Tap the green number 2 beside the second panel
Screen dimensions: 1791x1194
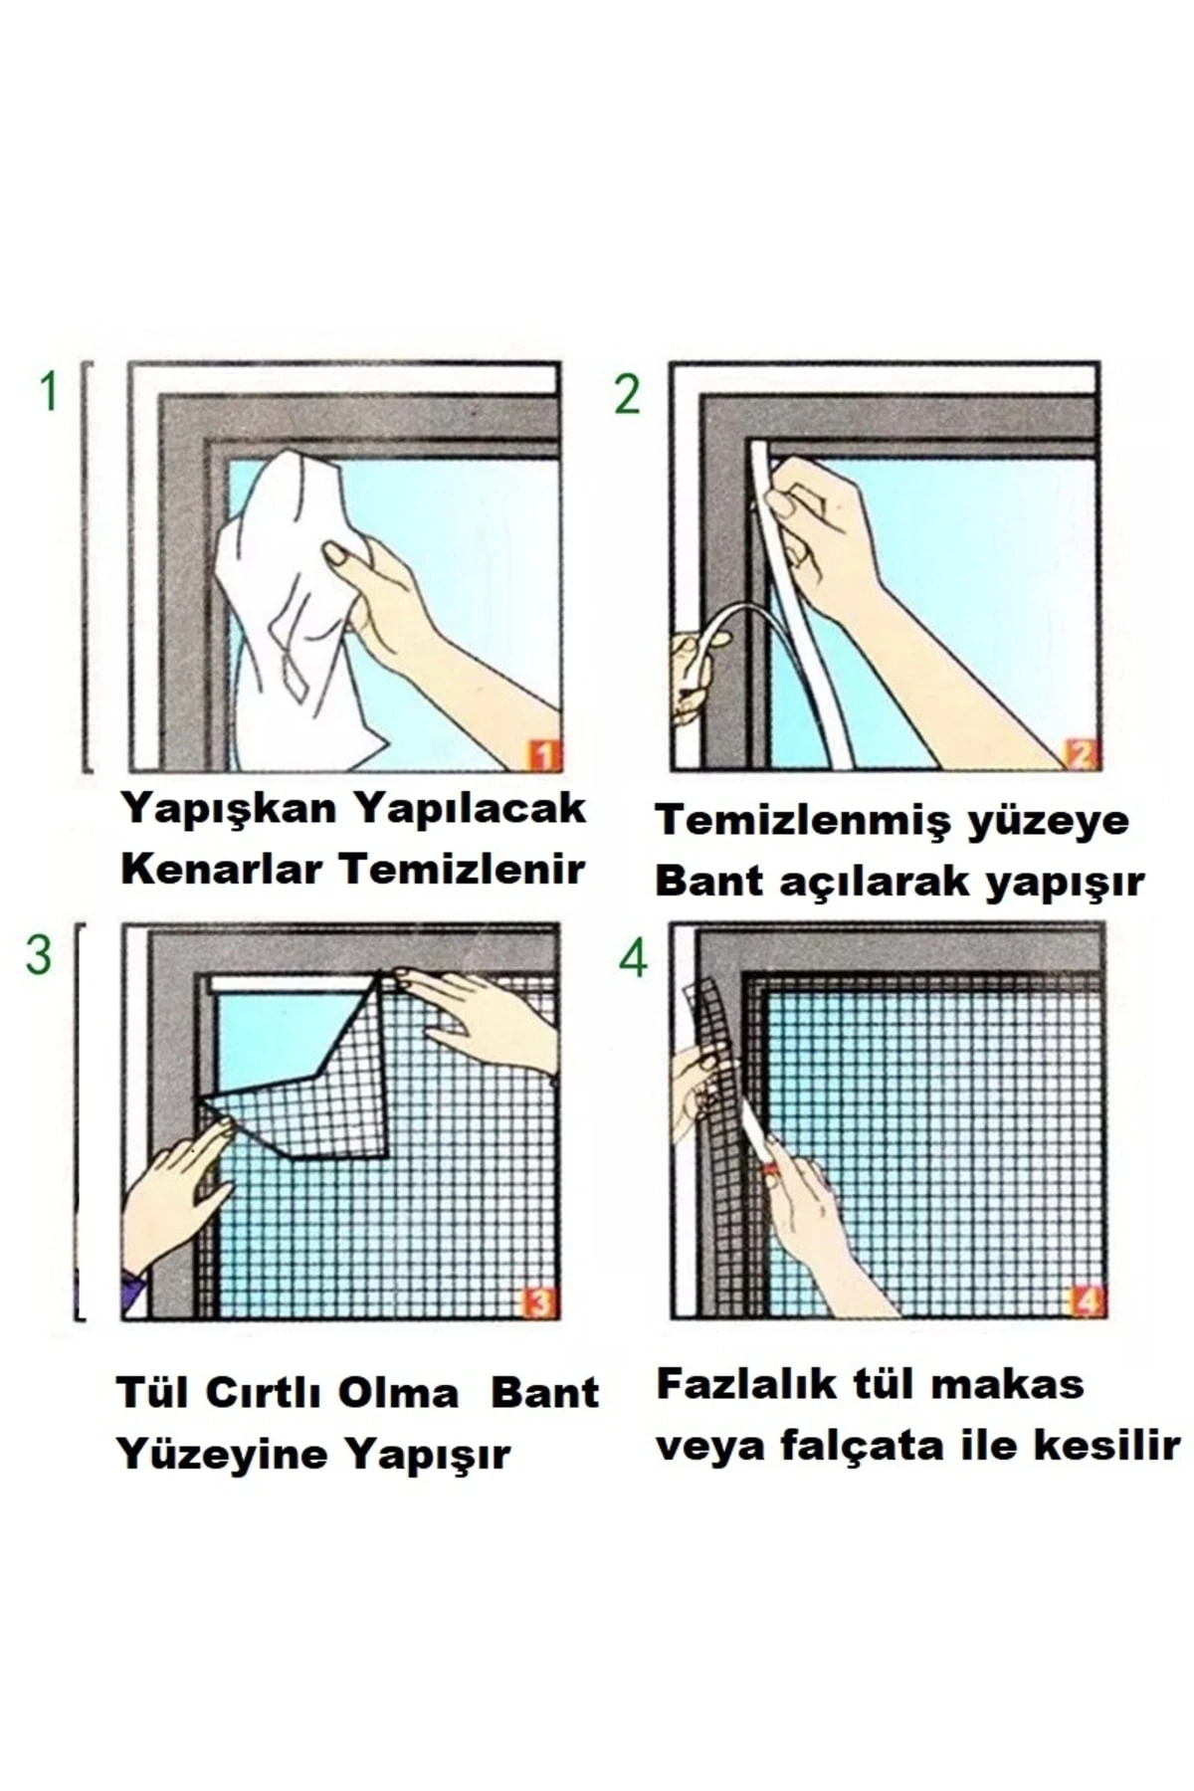627,395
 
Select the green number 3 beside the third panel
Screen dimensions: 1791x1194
38,954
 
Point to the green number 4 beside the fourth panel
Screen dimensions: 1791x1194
632,959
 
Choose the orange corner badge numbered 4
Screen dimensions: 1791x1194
1086,1301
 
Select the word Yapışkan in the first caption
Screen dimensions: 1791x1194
229,809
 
